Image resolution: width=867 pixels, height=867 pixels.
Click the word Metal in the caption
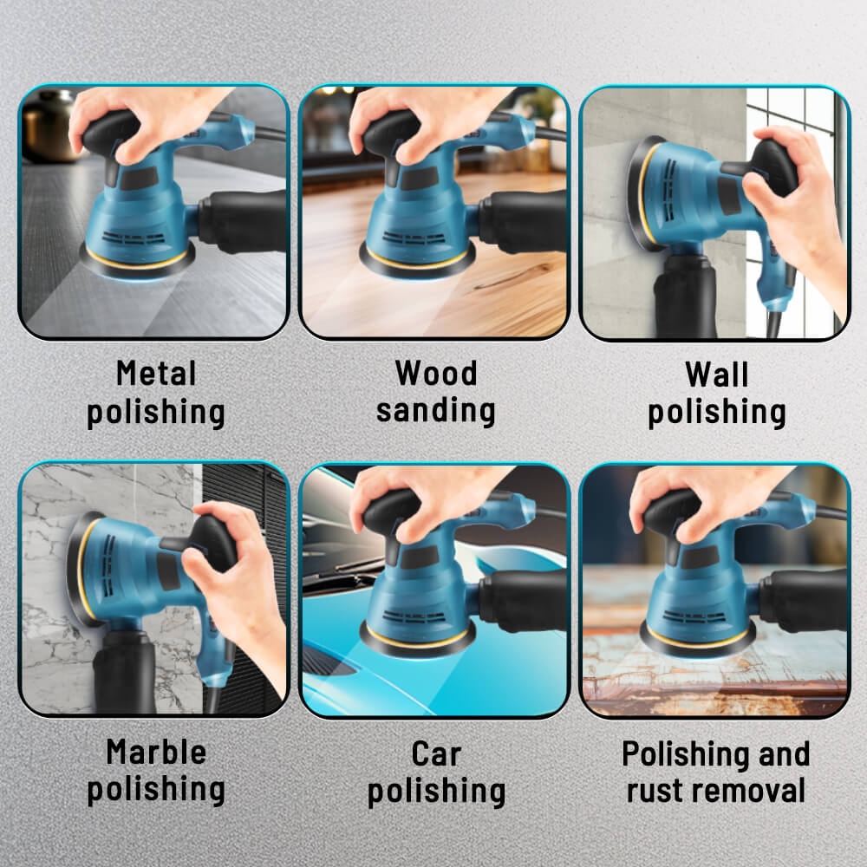(x=156, y=375)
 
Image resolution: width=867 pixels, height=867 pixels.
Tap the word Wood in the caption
(x=436, y=374)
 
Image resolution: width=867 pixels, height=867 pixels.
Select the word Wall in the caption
(x=716, y=375)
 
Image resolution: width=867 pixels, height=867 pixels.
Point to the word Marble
(x=156, y=752)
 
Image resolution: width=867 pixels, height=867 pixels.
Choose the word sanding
(x=436, y=410)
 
